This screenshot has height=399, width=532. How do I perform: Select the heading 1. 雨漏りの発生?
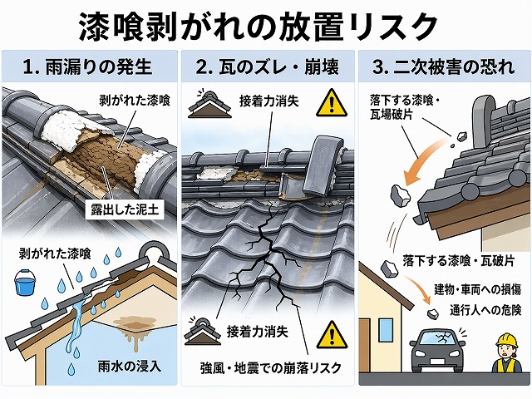(x=90, y=65)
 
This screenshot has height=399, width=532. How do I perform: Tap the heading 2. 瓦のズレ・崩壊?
(x=266, y=65)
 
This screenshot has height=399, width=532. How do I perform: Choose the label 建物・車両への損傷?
(x=478, y=291)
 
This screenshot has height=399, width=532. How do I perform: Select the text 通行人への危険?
(x=486, y=309)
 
